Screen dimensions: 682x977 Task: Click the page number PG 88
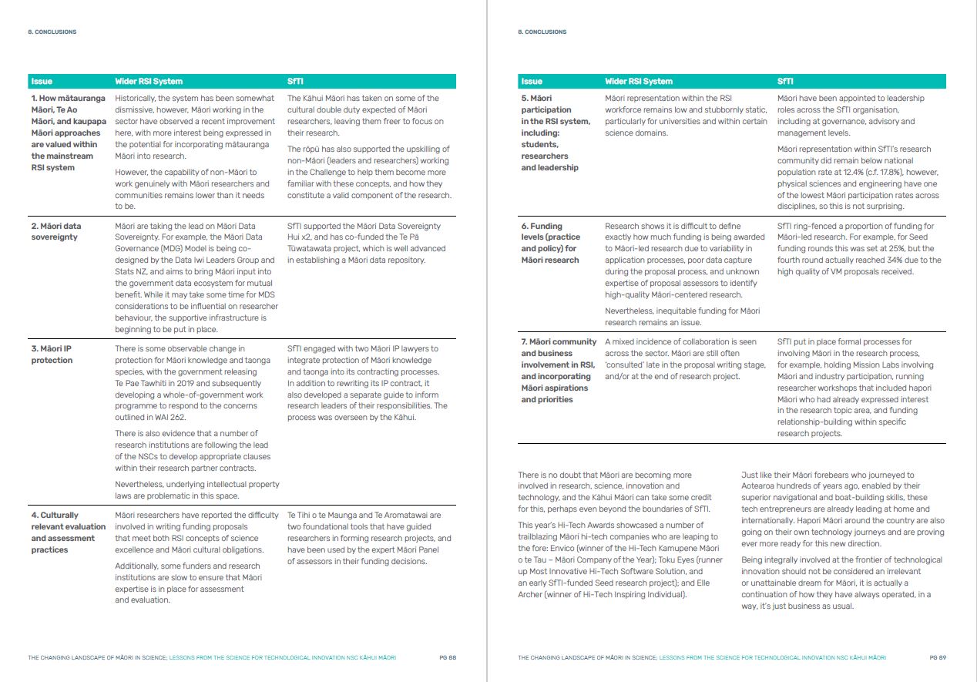pos(448,658)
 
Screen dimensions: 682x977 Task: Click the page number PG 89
pos(937,658)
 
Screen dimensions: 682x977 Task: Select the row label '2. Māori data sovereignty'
pos(55,232)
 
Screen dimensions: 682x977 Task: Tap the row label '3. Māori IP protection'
pos(52,354)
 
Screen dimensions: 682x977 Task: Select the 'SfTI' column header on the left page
pos(295,82)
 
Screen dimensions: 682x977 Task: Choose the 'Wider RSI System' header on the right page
pos(639,82)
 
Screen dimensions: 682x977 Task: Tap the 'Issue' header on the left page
pos(42,82)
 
